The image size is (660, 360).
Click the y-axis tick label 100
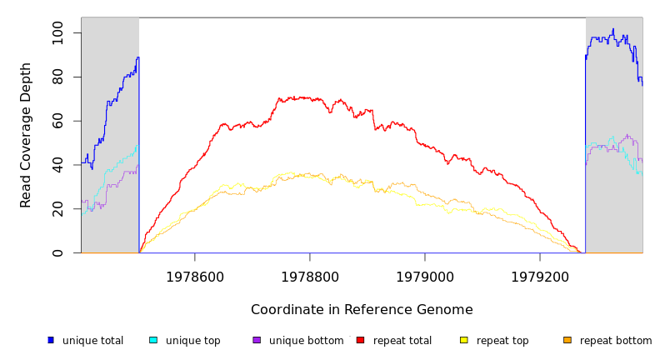[57, 33]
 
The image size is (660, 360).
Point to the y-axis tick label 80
[57, 77]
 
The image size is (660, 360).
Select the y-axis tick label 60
[57, 122]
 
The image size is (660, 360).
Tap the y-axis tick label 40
[57, 166]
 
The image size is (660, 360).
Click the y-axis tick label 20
[57, 210]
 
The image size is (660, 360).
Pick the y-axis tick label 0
[57, 253]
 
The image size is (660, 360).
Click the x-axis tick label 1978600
[195, 277]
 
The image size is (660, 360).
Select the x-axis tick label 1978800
[310, 277]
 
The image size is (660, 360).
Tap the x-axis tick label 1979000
[425, 277]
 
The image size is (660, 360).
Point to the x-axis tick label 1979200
[540, 277]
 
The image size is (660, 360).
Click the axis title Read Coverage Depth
[27, 135]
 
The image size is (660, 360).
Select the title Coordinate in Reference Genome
[362, 310]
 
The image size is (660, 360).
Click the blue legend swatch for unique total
[51, 340]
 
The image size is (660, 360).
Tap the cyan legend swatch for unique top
[153, 340]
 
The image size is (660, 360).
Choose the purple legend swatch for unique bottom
[257, 340]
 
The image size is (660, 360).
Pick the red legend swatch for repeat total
[360, 340]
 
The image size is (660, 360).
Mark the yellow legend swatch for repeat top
[464, 340]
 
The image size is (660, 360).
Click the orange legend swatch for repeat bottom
[567, 340]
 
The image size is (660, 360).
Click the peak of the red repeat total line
[279, 97]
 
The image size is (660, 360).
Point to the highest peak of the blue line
[613, 29]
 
